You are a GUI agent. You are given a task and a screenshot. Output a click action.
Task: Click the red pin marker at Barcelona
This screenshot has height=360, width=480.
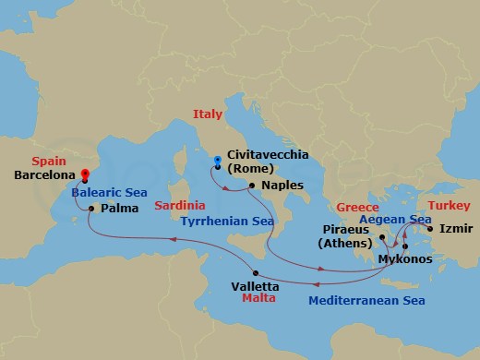pos(84,173)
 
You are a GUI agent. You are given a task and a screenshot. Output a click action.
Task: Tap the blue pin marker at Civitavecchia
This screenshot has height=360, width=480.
pos(217,161)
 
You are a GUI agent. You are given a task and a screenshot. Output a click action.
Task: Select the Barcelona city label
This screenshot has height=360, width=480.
pos(44,174)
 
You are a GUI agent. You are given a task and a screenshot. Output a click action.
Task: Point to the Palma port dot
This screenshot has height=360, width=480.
pos(90,209)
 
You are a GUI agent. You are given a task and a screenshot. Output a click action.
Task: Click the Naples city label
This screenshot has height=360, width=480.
pos(282,186)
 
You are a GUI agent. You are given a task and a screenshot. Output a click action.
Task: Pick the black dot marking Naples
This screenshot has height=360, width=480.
pos(251,186)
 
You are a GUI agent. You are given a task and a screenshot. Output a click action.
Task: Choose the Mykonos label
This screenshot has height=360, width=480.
pos(404,259)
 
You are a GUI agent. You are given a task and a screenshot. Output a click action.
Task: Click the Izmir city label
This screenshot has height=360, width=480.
pos(456,228)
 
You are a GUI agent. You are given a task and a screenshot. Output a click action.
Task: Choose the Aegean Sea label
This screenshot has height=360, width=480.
pos(396,221)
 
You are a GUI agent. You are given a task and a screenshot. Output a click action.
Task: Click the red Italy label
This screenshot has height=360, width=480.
pos(209,115)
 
